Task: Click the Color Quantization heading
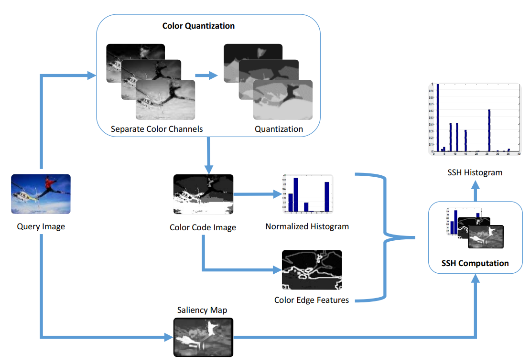[x=198, y=26]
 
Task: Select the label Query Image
[x=41, y=226]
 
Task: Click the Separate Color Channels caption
[x=157, y=129]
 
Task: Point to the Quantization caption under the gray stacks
[x=279, y=129]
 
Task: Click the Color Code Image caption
[x=203, y=227]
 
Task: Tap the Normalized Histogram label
[x=307, y=226]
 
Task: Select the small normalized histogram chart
[x=307, y=194]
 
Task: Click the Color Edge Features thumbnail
[x=312, y=270]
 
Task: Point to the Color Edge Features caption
[x=312, y=300]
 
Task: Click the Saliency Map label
[x=202, y=310]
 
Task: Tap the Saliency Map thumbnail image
[x=203, y=337]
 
